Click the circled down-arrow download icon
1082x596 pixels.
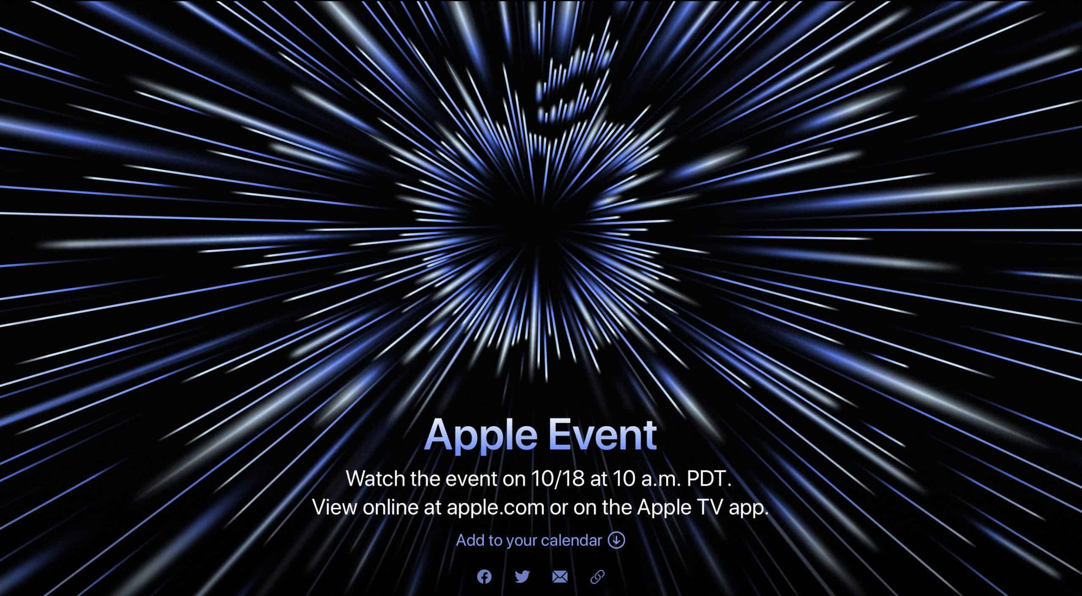[x=616, y=541]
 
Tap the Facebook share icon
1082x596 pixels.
[x=484, y=577]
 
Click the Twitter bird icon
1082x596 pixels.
[x=522, y=577]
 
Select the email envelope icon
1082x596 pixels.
[x=560, y=577]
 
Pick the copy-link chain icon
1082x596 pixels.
[x=597, y=577]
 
